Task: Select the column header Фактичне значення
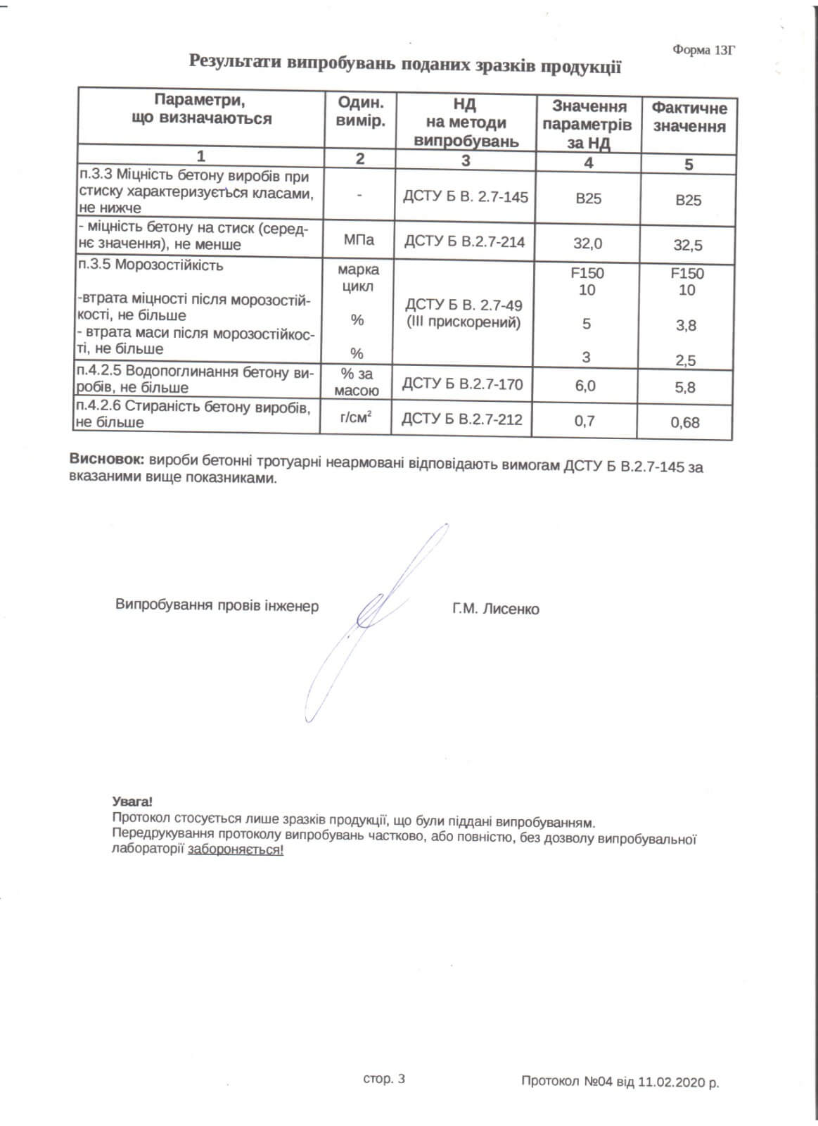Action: pyautogui.click(x=689, y=118)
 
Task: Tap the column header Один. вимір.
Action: pyautogui.click(x=360, y=111)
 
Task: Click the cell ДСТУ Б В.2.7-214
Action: pyautogui.click(x=464, y=241)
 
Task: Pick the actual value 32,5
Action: pyautogui.click(x=687, y=246)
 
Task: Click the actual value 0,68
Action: pyautogui.click(x=685, y=423)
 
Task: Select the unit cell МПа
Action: pyautogui.click(x=359, y=241)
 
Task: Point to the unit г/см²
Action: pyautogui.click(x=356, y=419)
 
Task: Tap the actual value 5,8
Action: pyautogui.click(x=685, y=387)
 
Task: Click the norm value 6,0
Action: pyautogui.click(x=584, y=386)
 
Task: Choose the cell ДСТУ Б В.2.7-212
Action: pyautogui.click(x=462, y=419)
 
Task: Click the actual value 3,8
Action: pyautogui.click(x=685, y=325)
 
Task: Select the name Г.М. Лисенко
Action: pyautogui.click(x=496, y=609)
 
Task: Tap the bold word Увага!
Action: pyautogui.click(x=132, y=801)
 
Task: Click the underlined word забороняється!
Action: pyautogui.click(x=236, y=850)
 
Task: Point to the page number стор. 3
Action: pyautogui.click(x=384, y=1079)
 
